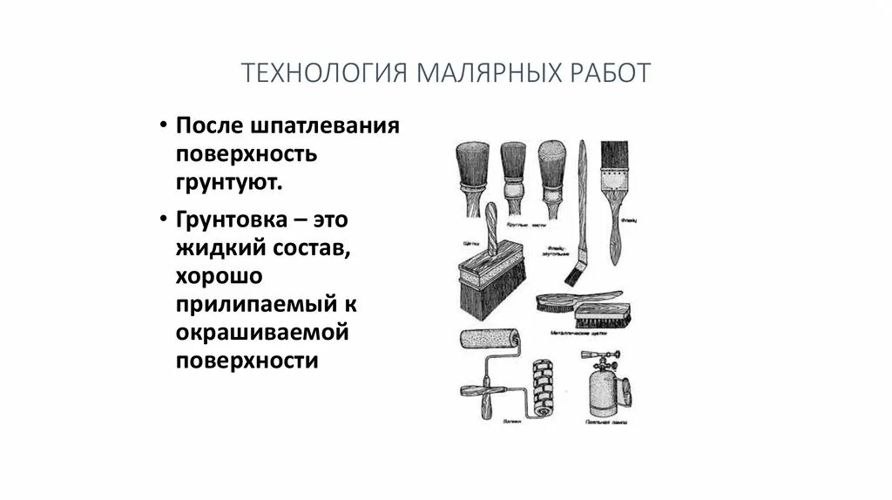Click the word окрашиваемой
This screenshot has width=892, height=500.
click(262, 334)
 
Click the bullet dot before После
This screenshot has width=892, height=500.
click(163, 125)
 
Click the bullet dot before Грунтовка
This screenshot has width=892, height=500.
click(163, 219)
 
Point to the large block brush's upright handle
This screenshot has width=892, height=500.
click(492, 229)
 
